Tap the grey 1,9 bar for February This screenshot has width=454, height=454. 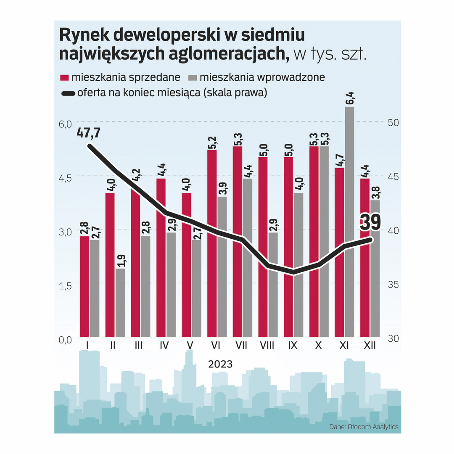point(120,303)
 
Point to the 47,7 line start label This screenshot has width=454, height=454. point(89,133)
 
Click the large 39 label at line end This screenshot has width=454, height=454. point(370,222)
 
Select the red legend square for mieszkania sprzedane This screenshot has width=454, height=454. point(64,78)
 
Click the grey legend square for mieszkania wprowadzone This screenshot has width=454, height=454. point(192,78)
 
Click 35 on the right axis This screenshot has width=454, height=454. point(393,284)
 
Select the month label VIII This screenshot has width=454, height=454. point(267,346)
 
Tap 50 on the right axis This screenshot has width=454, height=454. point(393,123)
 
